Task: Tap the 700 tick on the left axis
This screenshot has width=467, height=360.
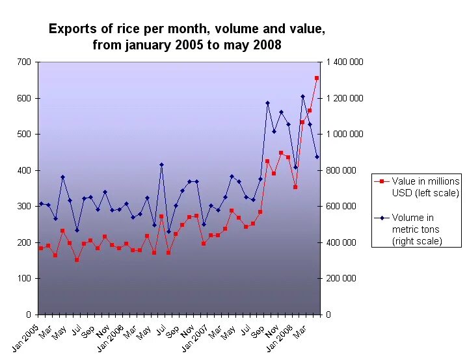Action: [24, 62]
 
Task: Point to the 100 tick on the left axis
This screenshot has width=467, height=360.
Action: [24, 279]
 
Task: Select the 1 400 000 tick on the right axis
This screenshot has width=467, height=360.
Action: [345, 62]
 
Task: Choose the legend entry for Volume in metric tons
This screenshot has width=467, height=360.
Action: [416, 229]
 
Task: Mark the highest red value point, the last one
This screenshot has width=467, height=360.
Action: [317, 78]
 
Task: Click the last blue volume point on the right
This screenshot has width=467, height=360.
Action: [317, 157]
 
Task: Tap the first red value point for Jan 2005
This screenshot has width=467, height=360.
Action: [41, 248]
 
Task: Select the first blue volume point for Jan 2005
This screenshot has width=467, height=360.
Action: [41, 203]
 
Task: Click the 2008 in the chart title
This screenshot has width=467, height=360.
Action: [267, 45]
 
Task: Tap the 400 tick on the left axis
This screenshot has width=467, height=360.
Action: [24, 170]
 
